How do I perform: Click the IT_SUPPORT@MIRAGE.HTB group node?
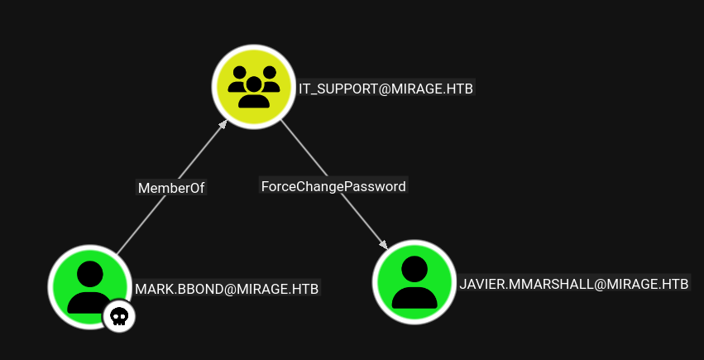click(253, 87)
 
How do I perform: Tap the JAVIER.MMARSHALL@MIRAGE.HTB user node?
click(414, 281)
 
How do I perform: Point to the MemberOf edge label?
click(170, 188)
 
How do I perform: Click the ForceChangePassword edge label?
click(333, 186)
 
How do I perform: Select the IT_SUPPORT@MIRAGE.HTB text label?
click(386, 88)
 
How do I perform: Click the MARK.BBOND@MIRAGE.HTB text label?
click(227, 289)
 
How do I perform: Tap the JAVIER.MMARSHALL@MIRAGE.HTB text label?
click(573, 284)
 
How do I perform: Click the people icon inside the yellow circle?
click(253, 86)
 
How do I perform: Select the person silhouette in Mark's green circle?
click(89, 286)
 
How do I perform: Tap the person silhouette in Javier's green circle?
click(414, 282)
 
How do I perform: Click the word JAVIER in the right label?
click(481, 284)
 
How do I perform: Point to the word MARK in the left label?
click(153, 289)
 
